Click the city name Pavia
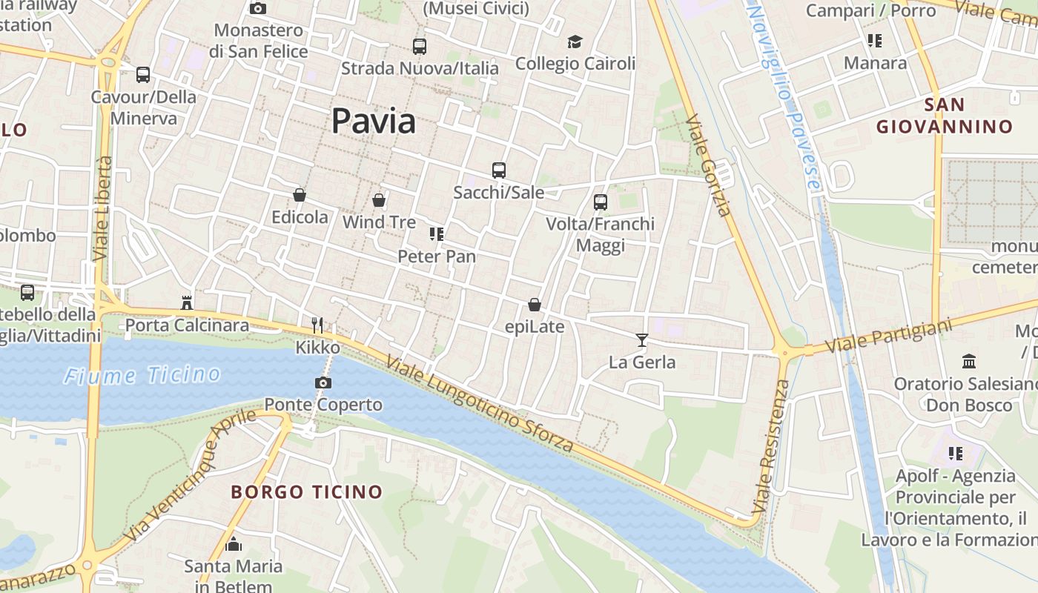[373, 121]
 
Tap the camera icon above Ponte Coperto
[323, 382]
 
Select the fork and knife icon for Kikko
[317, 325]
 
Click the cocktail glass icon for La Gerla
[642, 339]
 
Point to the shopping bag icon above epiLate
[535, 305]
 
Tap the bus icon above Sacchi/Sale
[499, 170]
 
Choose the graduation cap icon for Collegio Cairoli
[575, 42]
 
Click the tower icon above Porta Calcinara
[187, 302]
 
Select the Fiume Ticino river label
[142, 375]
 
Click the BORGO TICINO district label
[306, 491]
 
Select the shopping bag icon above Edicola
[300, 195]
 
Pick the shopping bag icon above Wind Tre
[379, 200]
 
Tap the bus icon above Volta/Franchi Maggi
[601, 202]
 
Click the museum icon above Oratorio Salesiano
[969, 362]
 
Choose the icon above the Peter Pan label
[437, 234]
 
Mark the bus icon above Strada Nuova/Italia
[420, 47]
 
